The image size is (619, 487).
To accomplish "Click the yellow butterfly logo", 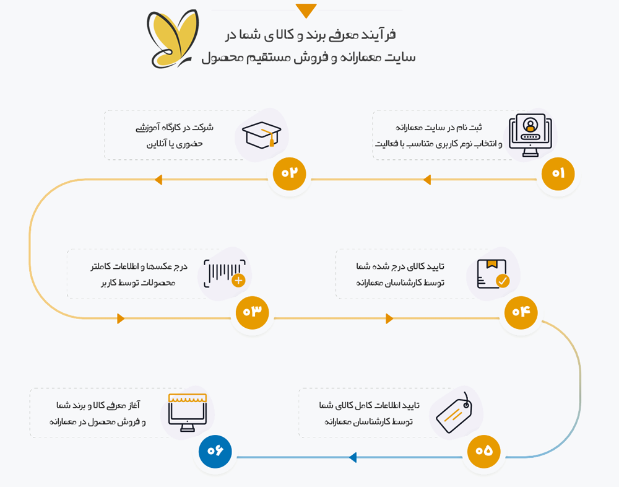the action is tap(172, 39).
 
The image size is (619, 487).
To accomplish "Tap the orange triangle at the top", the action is tap(306, 10).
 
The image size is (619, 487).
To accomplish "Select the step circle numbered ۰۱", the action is tap(558, 173).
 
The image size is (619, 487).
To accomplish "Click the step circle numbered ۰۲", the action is tap(289, 173).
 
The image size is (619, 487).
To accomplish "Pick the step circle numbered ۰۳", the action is tap(253, 312).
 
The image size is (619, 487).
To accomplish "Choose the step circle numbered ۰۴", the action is tap(521, 312).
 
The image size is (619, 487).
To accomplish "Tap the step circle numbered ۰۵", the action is tap(483, 451).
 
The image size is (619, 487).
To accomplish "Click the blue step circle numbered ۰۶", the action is tap(215, 451).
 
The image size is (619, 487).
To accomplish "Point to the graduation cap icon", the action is tap(261, 134).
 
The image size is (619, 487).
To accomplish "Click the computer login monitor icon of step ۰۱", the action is tap(530, 135).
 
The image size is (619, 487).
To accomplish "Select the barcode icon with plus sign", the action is tap(225, 273).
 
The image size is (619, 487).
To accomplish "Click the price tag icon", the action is tap(454, 413).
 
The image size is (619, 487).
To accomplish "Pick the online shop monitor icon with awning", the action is tap(188, 413).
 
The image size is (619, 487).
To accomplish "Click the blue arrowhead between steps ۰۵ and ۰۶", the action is tap(353, 457).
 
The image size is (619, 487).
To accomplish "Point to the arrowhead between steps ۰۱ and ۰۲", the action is tap(426, 180).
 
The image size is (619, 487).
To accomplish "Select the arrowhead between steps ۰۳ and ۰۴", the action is tap(389, 318).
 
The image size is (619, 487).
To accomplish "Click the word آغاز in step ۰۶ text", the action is tap(134, 405).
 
